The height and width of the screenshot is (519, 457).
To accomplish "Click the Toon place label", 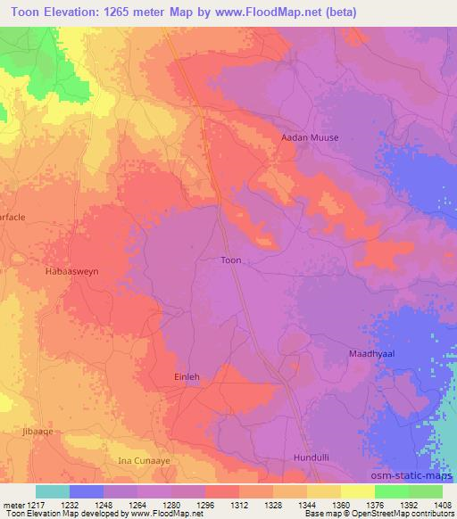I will (x=230, y=260).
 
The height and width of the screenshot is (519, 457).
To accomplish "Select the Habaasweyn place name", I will (x=71, y=268).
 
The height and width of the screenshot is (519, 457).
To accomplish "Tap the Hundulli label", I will (x=312, y=457).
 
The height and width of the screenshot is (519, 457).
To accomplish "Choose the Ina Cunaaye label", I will (x=142, y=460).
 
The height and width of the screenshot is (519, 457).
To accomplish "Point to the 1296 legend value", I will (x=204, y=503).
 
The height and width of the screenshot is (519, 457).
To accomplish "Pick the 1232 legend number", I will (x=68, y=503).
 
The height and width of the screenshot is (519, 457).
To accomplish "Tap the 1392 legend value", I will (x=407, y=503).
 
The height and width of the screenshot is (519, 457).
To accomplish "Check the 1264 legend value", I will (x=136, y=503).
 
